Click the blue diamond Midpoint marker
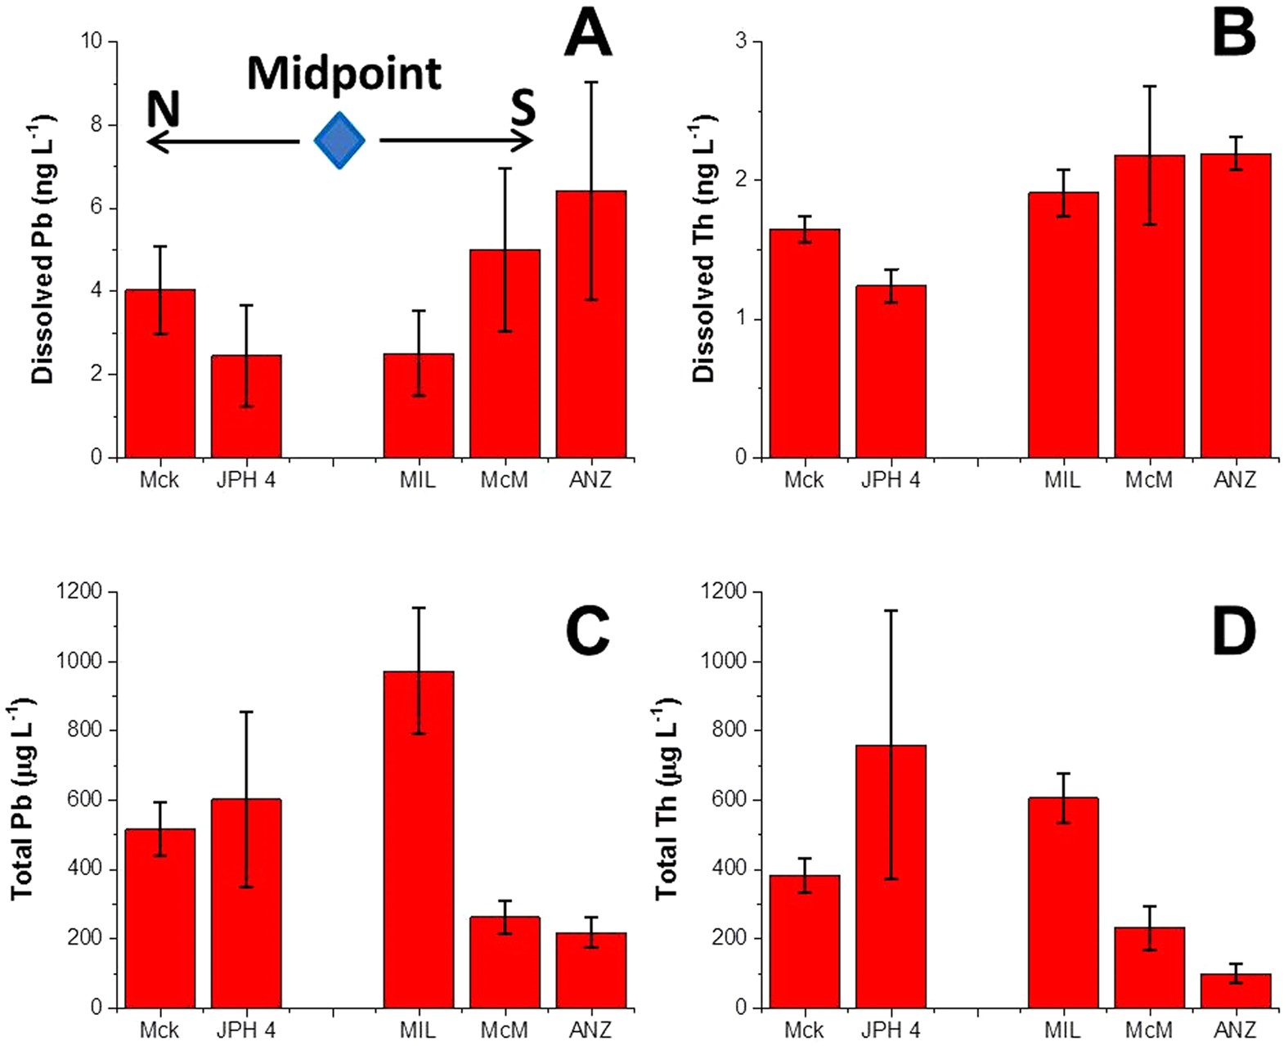[339, 141]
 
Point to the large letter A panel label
[588, 34]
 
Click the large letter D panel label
[1233, 632]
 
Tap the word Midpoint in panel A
[344, 74]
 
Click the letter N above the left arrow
[163, 109]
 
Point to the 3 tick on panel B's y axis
[741, 41]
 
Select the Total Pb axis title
[21, 799]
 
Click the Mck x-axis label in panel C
[159, 1030]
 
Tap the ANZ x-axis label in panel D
[1235, 1030]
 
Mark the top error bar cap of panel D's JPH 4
[891, 610]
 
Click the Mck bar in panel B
[804, 343]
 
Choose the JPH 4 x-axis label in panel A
[245, 479]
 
